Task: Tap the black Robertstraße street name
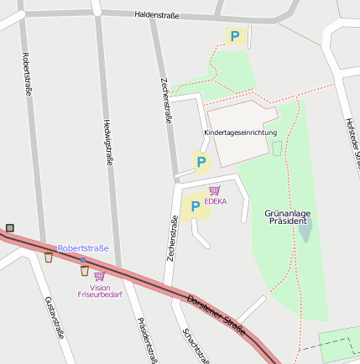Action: click(28, 74)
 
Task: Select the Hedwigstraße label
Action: click(107, 141)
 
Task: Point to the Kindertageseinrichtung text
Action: click(240, 133)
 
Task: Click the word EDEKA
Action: click(215, 201)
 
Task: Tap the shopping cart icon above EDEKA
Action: click(215, 190)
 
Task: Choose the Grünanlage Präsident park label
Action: click(288, 218)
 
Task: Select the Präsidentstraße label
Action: click(147, 340)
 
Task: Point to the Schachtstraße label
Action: click(196, 344)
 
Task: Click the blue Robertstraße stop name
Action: click(83, 248)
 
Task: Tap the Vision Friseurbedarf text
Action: click(100, 291)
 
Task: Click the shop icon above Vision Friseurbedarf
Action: click(100, 276)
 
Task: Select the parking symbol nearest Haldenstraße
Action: click(235, 37)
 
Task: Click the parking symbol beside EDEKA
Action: click(196, 206)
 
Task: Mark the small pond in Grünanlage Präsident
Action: click(305, 230)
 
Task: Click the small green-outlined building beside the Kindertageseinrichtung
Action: click(277, 148)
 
